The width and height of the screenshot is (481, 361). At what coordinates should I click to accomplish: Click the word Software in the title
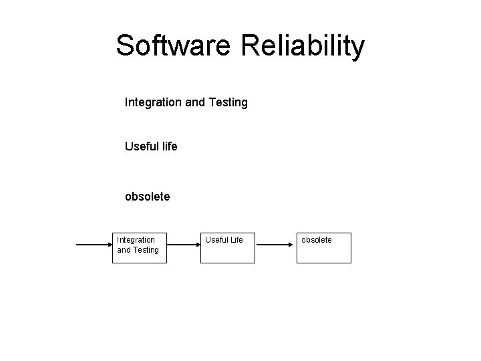coord(172,45)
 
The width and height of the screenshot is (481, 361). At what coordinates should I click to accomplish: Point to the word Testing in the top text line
coord(228,102)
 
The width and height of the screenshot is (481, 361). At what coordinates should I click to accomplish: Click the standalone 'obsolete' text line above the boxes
coord(148,197)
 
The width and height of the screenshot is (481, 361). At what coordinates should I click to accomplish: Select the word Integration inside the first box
coord(136,239)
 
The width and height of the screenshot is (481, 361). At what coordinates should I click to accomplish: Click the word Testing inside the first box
coord(146,249)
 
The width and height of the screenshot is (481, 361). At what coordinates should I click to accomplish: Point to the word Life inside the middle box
coord(234,239)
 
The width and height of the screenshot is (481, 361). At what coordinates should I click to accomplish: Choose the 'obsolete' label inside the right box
coord(317,239)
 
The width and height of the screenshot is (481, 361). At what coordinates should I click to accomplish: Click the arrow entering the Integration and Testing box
coord(94,245)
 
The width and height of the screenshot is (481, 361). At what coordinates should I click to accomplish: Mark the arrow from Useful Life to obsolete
coord(276,245)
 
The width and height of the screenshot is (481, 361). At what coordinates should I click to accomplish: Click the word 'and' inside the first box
coord(124,249)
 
